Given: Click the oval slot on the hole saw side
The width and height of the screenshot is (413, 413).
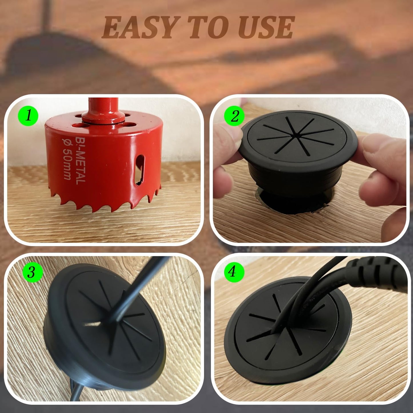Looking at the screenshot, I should (139, 170).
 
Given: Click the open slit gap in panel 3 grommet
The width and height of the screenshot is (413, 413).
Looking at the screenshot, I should (92, 324).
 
